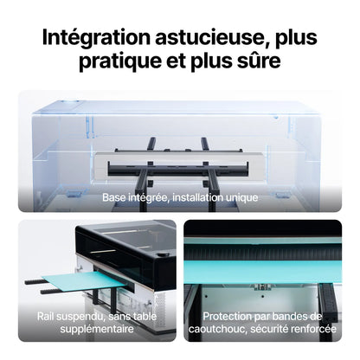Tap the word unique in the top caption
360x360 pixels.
(x=242, y=197)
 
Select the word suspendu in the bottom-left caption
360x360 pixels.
(x=93, y=317)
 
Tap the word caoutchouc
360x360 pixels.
(x=226, y=329)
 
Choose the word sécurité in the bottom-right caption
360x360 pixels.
(x=278, y=329)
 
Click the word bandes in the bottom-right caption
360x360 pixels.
(x=303, y=317)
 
